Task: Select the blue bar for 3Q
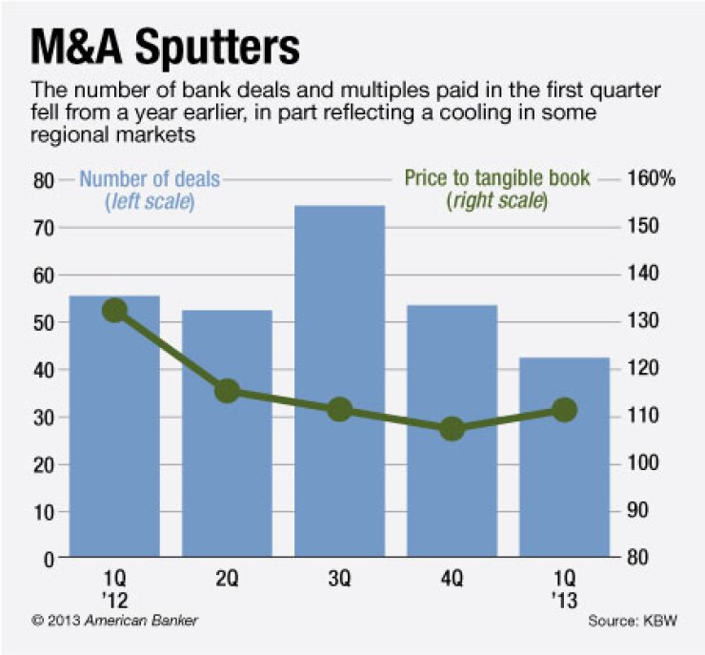[x=339, y=381]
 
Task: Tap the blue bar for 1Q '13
[x=564, y=458]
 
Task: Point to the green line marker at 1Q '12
[x=114, y=310]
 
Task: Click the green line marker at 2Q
[x=227, y=390]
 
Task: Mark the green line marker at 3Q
[x=339, y=410]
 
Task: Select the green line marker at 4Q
[x=452, y=429]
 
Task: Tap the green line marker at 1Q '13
[x=564, y=409]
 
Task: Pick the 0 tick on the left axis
[x=49, y=559]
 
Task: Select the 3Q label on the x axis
[x=339, y=578]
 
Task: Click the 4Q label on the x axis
[x=452, y=578]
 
